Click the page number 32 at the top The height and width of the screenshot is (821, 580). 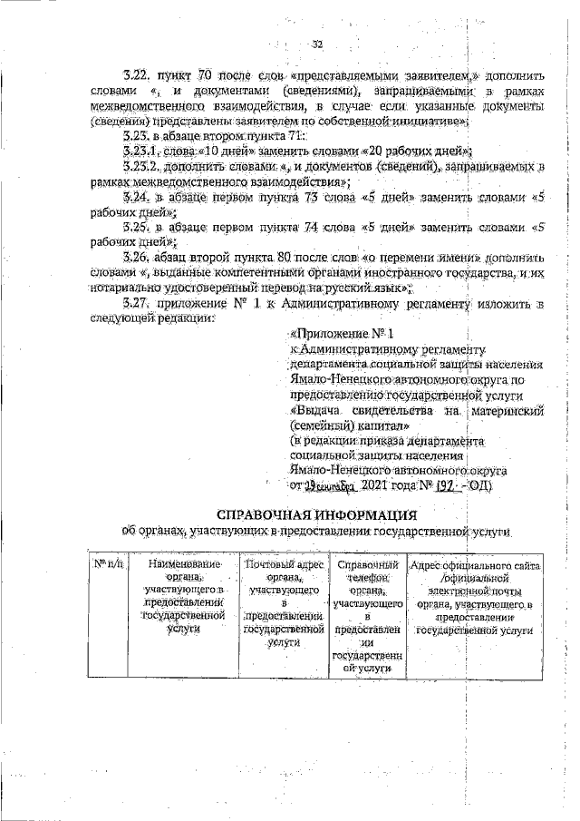[317, 44]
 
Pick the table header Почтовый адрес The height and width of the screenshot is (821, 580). [284, 602]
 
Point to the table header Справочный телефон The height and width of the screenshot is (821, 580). [368, 616]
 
